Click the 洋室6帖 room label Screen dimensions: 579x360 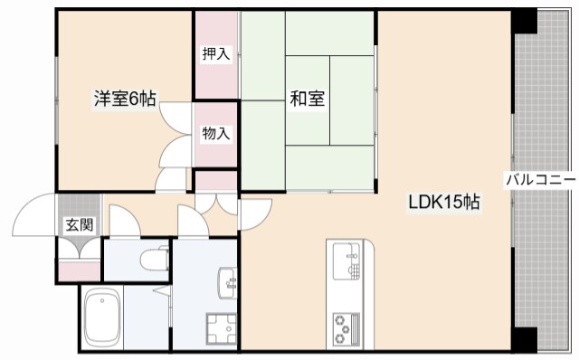coord(125,99)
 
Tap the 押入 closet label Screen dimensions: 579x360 coord(216,54)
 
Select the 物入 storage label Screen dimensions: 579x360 coord(216,133)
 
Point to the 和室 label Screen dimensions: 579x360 coord(308,99)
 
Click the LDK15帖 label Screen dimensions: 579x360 coord(443,202)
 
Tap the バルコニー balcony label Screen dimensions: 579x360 coord(541,180)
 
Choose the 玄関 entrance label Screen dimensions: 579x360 coord(80,224)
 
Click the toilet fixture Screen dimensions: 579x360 coord(155,259)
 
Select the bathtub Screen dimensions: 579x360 coord(102,317)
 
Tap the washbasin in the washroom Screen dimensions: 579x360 coord(227,282)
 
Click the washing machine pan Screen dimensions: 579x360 coord(221,329)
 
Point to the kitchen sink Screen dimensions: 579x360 coord(346,261)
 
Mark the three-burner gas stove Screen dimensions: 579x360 coord(346,330)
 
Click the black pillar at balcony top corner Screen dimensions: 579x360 coord(524,21)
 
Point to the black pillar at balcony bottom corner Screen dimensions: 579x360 coord(526,339)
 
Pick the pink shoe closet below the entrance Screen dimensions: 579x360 coord(80,270)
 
